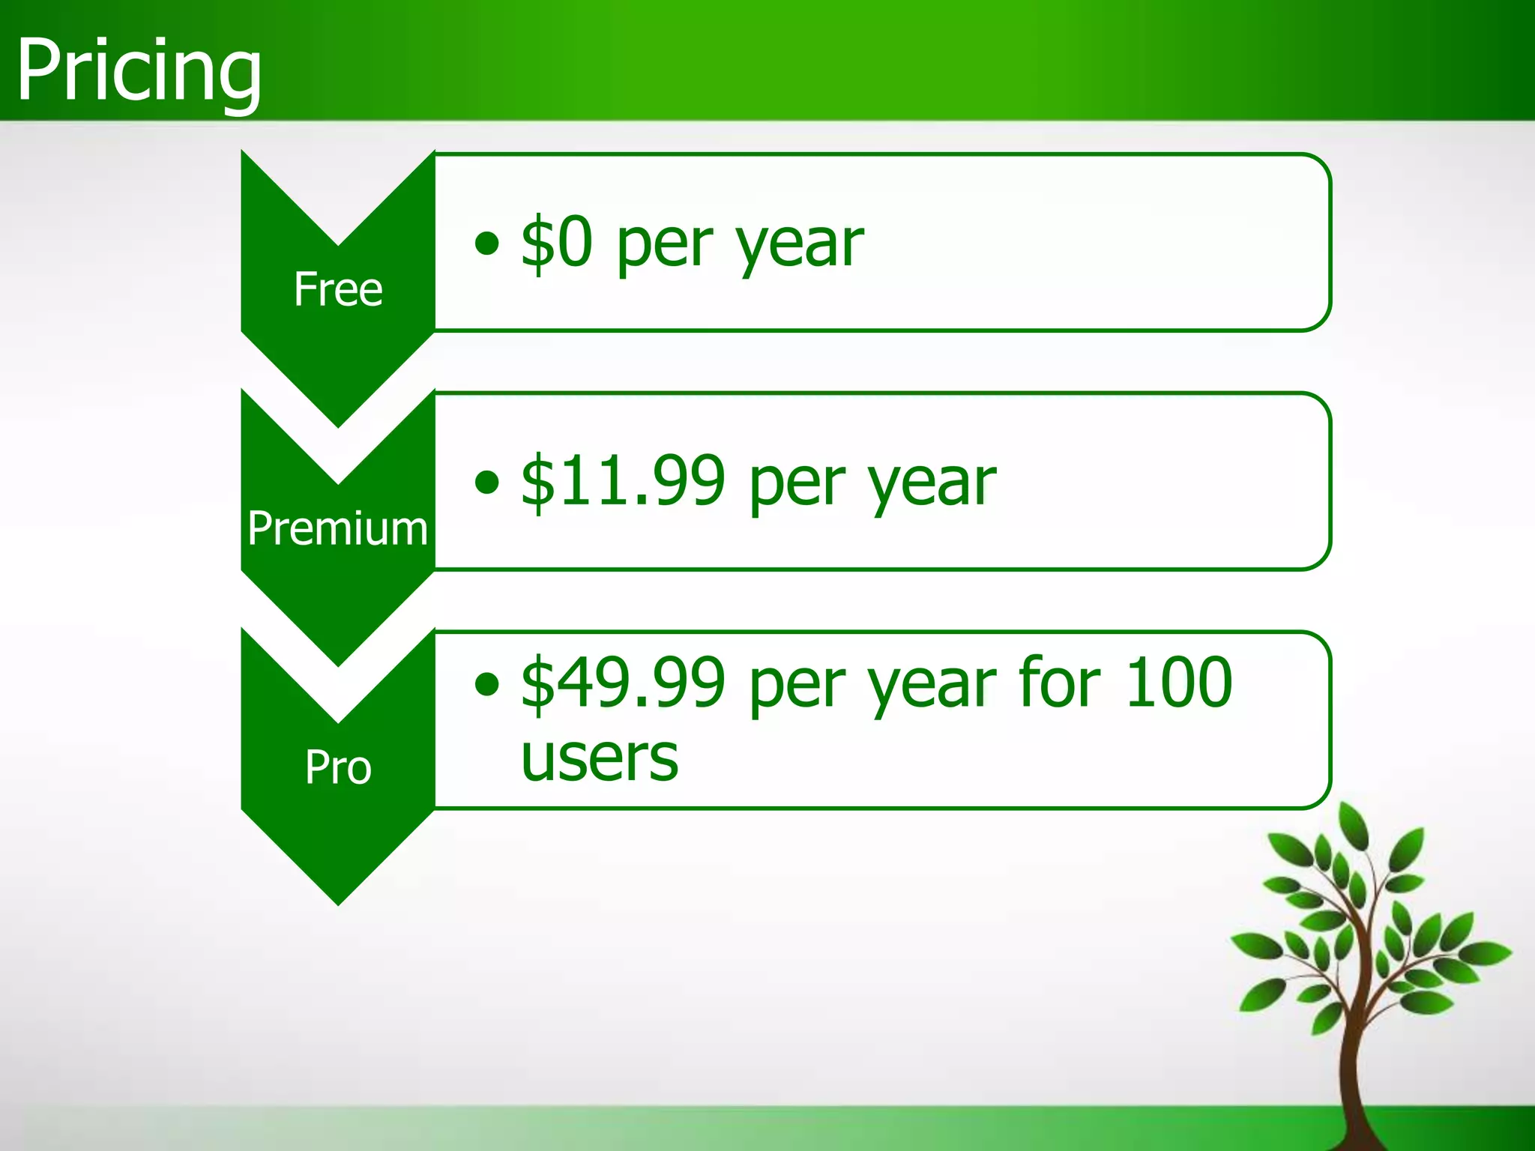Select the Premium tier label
[338, 528]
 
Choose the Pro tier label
[338, 767]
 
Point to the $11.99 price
[623, 481]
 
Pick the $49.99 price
[623, 682]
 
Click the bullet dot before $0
[487, 243]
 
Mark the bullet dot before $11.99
[487, 482]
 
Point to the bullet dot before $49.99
[487, 683]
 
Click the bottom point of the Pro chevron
[338, 903]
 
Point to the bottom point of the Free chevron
[338, 425]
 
